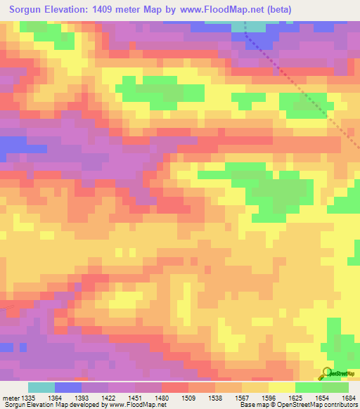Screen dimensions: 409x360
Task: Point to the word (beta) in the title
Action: coord(276,9)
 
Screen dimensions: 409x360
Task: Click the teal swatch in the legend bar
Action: coord(41,387)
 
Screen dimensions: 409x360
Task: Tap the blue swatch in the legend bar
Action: coord(68,387)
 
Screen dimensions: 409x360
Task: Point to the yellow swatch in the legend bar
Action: coord(282,387)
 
